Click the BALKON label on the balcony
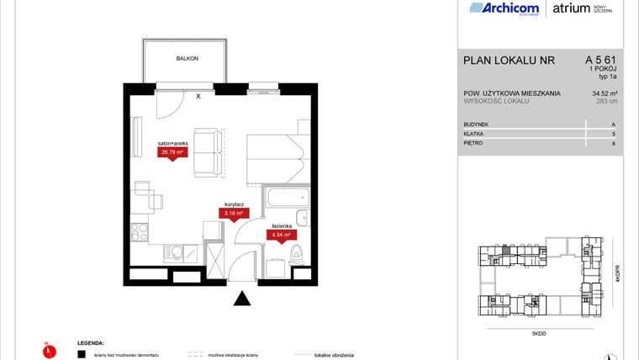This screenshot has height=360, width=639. pyautogui.click(x=187, y=59)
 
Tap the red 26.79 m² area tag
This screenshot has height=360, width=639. pyautogui.click(x=172, y=152)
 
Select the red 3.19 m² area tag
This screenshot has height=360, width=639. pyautogui.click(x=233, y=214)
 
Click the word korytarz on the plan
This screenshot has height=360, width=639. pyautogui.click(x=233, y=204)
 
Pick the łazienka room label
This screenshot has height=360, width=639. pyautogui.click(x=280, y=227)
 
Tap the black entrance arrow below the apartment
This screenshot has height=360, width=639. pyautogui.click(x=242, y=298)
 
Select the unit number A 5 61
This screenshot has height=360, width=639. pyautogui.click(x=601, y=60)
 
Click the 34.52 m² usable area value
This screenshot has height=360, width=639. pyautogui.click(x=606, y=93)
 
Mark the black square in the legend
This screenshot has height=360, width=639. pyautogui.click(x=82, y=355)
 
